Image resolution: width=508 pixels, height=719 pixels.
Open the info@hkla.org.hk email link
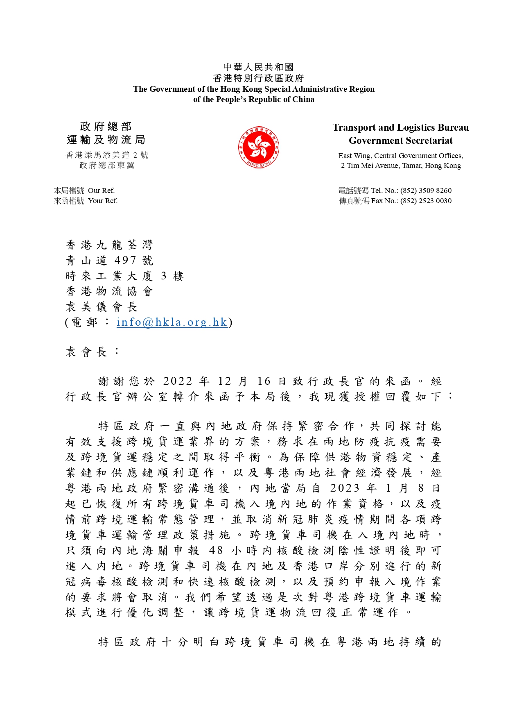(x=172, y=322)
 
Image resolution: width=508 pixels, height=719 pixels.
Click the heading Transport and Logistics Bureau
(x=400, y=127)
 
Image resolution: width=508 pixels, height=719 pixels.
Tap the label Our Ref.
(x=101, y=191)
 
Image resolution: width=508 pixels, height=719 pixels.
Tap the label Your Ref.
(x=103, y=201)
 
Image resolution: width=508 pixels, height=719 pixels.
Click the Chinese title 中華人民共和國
(x=259, y=67)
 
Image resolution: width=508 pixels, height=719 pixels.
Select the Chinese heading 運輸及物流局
(x=106, y=140)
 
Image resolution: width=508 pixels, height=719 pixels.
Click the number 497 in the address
(x=125, y=261)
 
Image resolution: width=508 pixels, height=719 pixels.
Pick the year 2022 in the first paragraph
(x=178, y=381)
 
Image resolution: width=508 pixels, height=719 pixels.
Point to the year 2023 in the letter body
(x=345, y=488)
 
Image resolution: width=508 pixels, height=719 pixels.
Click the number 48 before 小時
(x=216, y=551)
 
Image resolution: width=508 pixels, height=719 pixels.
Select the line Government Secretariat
(x=400, y=141)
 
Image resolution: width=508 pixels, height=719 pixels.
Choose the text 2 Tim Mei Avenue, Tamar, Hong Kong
(x=401, y=166)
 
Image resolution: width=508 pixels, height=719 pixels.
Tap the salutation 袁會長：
(x=93, y=352)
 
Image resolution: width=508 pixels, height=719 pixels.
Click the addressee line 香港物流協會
(x=109, y=292)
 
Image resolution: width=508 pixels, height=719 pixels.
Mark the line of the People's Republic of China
(x=254, y=99)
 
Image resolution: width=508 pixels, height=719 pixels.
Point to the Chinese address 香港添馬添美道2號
(x=107, y=155)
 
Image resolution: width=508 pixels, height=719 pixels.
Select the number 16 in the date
(x=264, y=381)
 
